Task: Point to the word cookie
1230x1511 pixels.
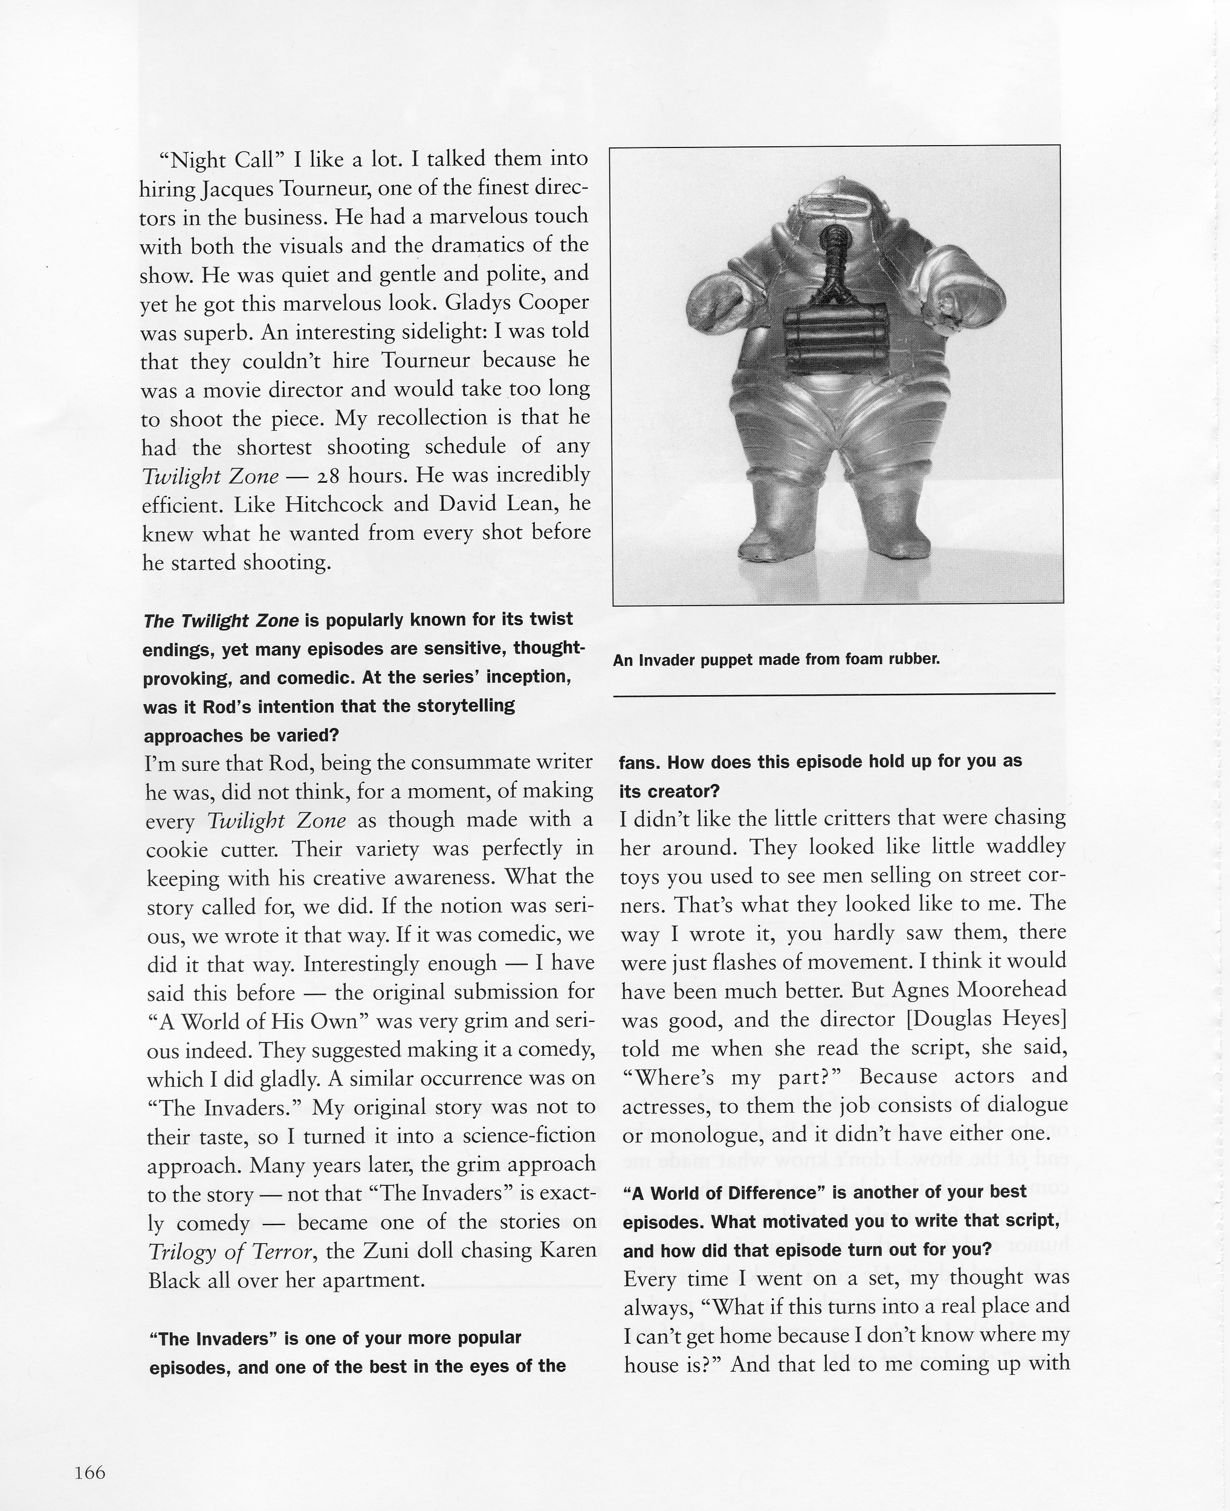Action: [x=176, y=849]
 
